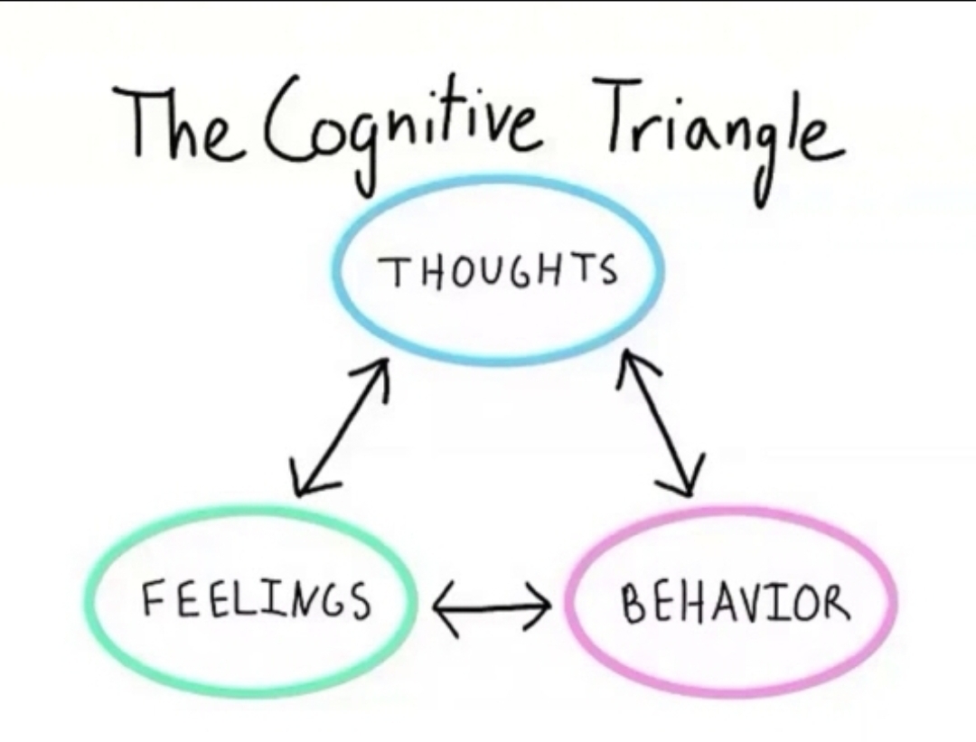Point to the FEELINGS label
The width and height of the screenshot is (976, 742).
[x=256, y=599]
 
